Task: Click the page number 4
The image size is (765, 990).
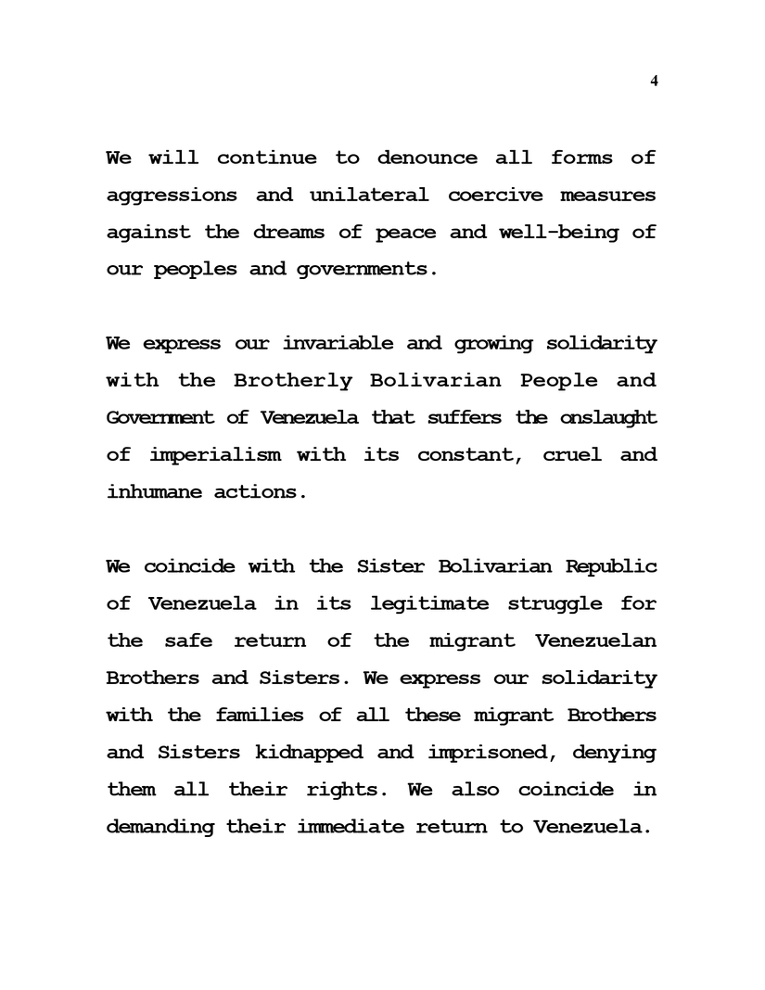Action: click(x=654, y=82)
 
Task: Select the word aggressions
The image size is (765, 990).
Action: click(x=172, y=196)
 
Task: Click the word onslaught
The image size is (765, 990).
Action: click(x=608, y=418)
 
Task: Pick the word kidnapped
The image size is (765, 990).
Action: click(x=303, y=752)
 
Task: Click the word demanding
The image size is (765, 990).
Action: click(x=160, y=826)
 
